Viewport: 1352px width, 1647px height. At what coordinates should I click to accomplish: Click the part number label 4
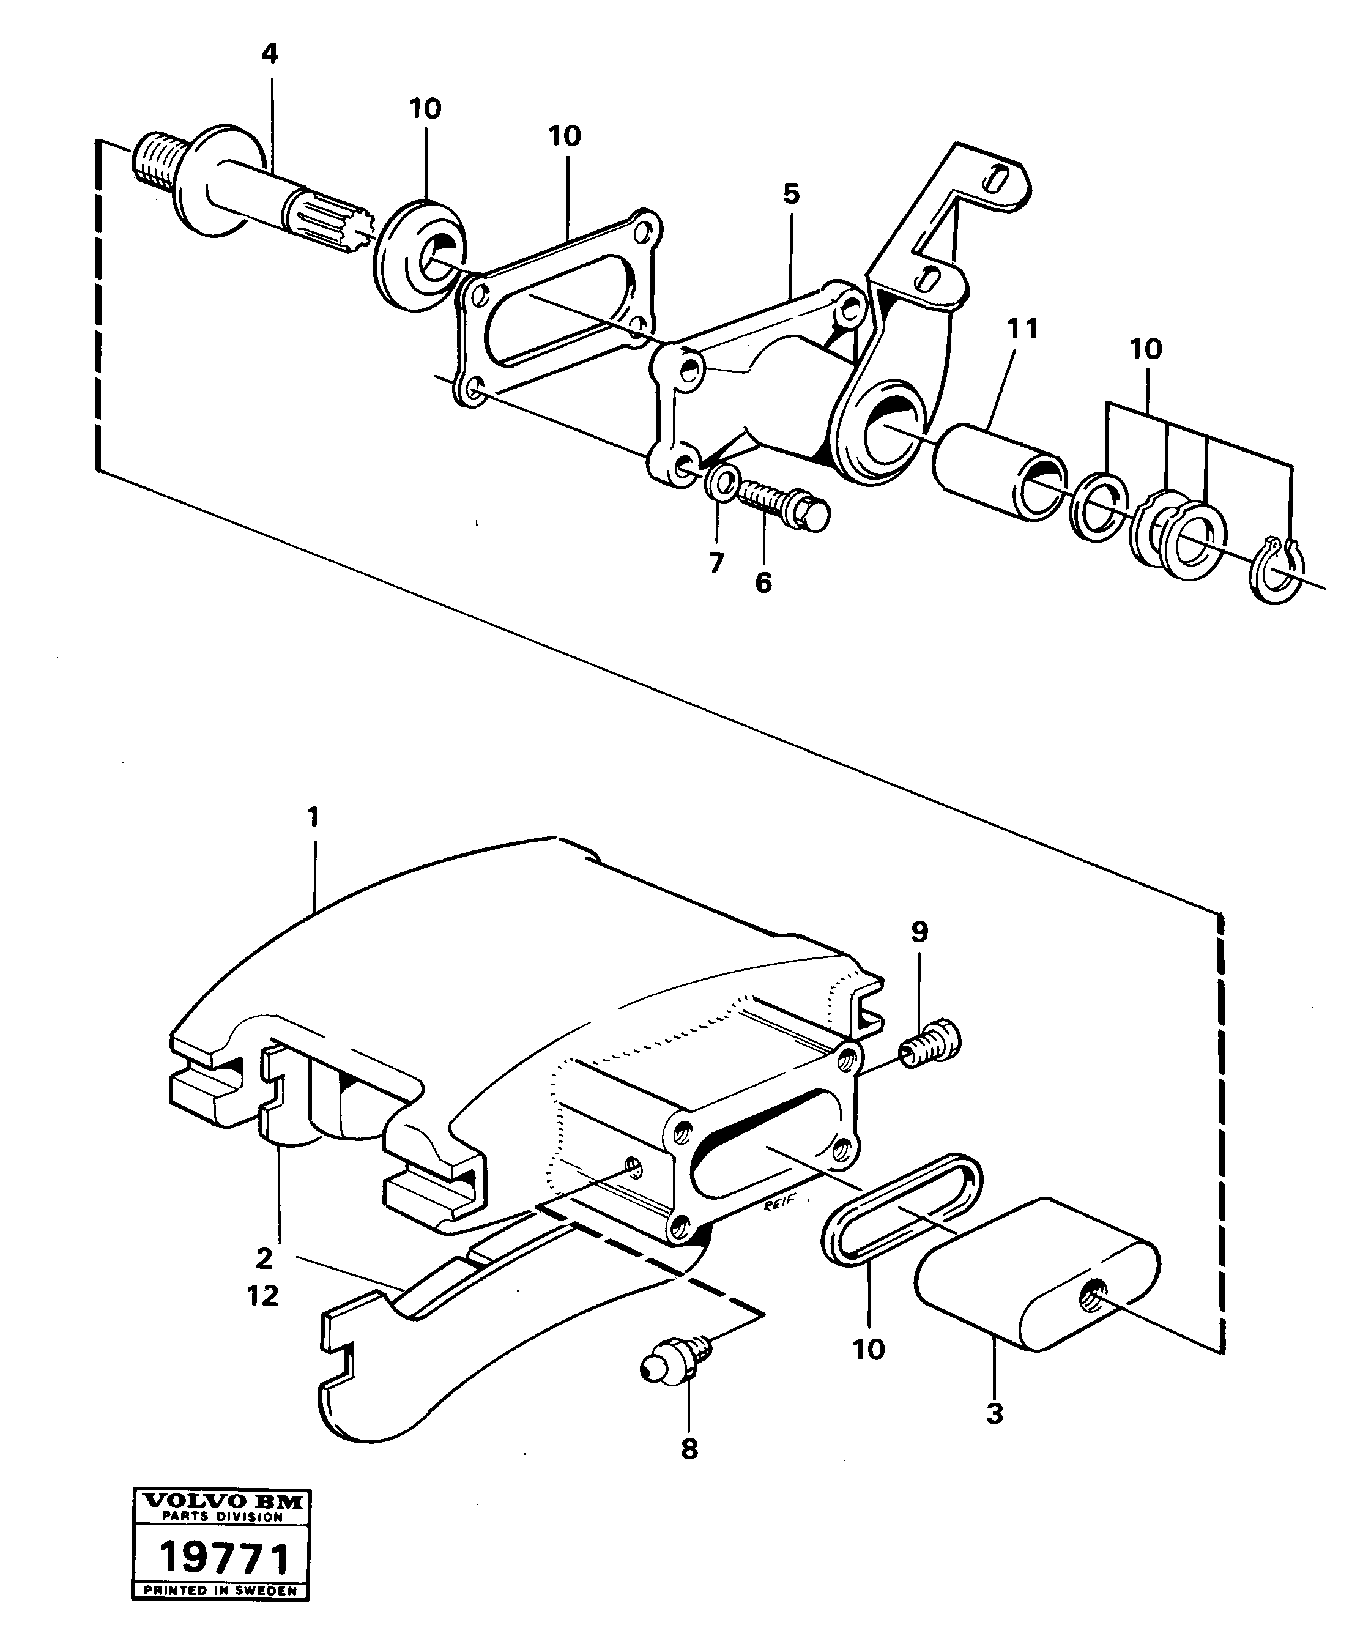269,54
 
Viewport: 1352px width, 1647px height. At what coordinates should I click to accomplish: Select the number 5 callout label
791,194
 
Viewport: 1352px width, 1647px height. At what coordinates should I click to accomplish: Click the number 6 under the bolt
763,582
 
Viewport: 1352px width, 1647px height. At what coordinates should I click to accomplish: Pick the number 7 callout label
716,562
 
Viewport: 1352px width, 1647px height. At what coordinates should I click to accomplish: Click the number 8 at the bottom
689,1449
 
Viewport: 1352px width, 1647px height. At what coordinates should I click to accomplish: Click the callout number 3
995,1413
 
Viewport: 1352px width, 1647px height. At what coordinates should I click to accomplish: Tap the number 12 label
262,1296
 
